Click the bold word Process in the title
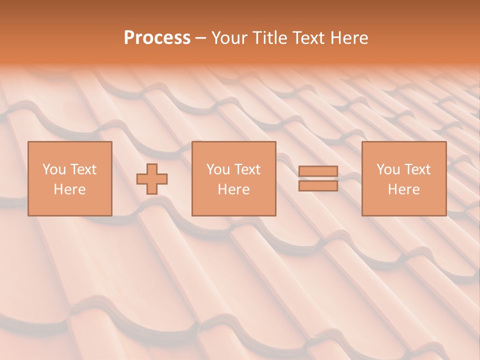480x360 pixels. coord(157,38)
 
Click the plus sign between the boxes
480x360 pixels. coord(152,179)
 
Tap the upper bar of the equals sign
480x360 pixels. coord(318,171)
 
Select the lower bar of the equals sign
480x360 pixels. coord(318,185)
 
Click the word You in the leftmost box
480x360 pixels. coord(54,169)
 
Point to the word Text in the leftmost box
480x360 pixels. coord(83,169)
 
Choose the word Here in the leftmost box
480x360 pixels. coord(69,189)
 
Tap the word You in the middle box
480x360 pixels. coord(218,169)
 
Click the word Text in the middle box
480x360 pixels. coord(247,169)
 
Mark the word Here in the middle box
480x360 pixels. coord(233,189)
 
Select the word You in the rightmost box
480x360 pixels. coord(388,169)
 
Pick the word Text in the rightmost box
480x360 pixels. coord(417,169)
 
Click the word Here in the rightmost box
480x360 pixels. coord(403,189)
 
